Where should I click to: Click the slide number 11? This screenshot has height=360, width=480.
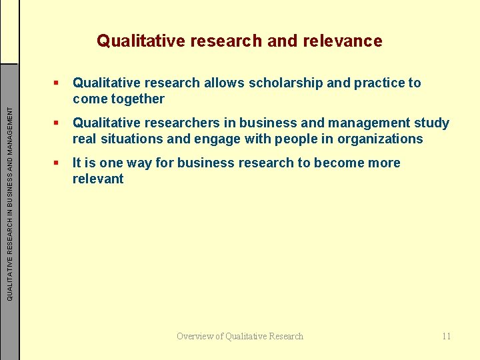(x=446, y=336)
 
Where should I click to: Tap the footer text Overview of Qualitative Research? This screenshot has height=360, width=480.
(x=240, y=336)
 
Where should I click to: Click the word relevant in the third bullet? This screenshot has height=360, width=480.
(x=98, y=179)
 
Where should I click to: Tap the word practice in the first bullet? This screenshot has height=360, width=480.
(x=380, y=83)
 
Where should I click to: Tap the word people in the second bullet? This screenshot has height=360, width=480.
(x=297, y=139)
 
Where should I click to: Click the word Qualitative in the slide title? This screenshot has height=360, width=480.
(x=138, y=41)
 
